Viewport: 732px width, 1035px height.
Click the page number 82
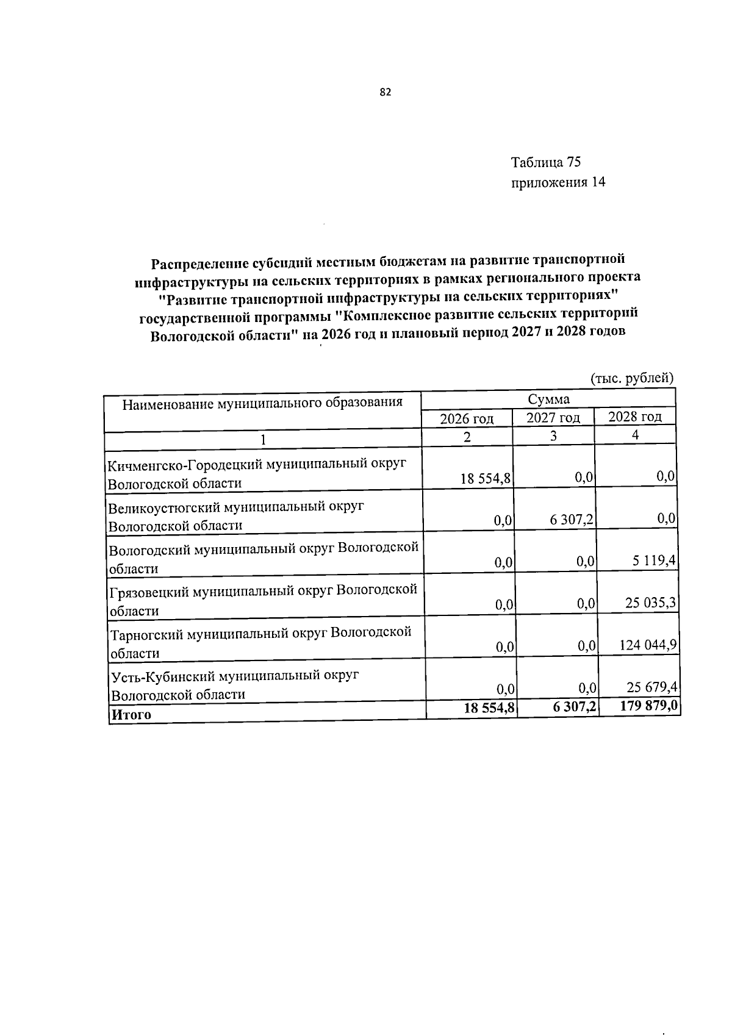point(384,93)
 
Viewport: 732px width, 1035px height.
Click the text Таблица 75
point(545,162)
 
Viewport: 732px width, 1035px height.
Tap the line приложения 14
point(558,182)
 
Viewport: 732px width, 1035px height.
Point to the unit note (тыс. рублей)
point(633,378)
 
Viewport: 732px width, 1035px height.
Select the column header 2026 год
point(467,419)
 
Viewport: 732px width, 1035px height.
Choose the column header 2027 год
point(553,418)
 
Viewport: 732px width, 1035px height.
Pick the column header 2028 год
point(635,417)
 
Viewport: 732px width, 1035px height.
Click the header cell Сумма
point(548,399)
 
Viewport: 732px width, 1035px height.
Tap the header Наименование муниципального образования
point(262,403)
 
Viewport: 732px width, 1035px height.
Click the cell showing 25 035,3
point(650,603)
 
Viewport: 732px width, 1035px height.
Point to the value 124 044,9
point(648,645)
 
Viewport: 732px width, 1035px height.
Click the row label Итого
point(131,715)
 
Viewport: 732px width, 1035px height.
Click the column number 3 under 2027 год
point(553,436)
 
